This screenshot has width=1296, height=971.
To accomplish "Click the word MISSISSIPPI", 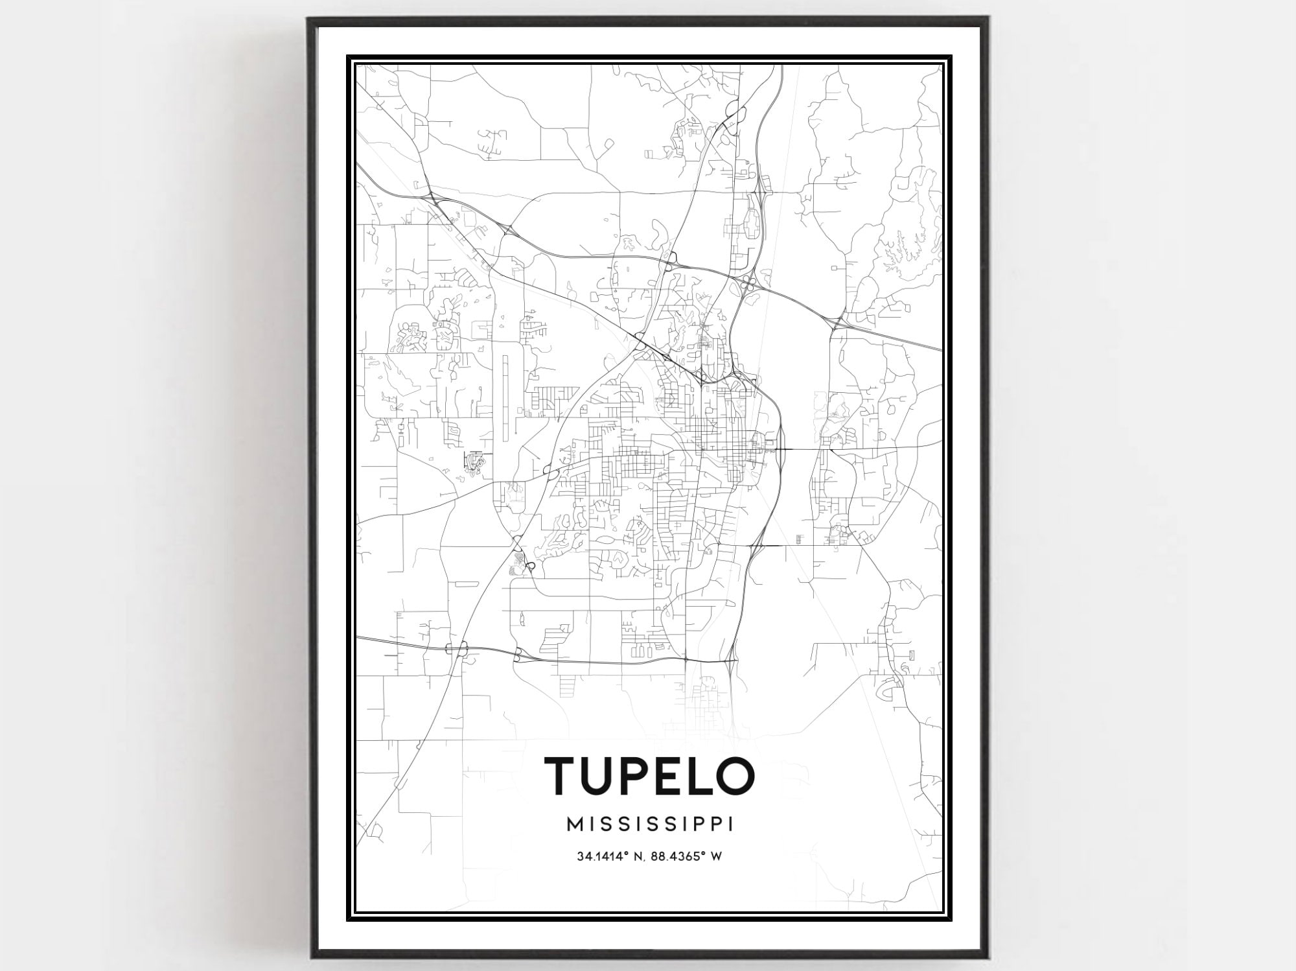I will tap(651, 824).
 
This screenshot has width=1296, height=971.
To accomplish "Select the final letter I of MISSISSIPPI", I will tap(731, 824).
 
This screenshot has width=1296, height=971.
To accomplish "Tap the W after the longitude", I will tap(716, 856).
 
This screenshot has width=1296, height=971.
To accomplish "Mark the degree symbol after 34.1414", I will tap(627, 854).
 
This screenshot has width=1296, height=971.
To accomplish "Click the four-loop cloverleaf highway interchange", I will tap(748, 283).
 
